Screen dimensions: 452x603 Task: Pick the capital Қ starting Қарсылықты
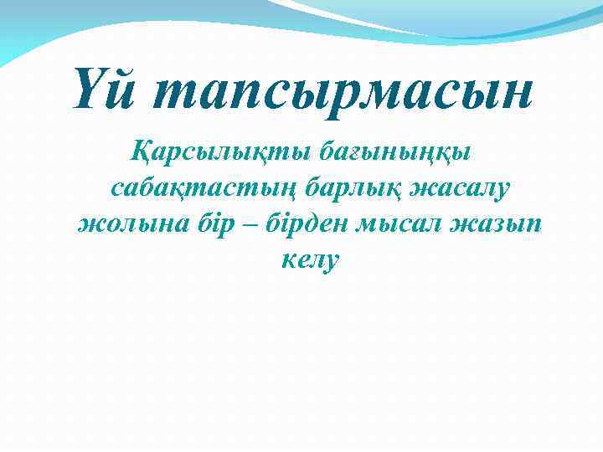(142, 152)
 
